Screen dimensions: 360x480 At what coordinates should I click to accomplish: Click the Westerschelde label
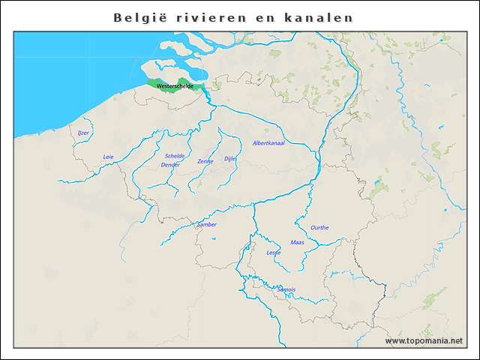click(x=174, y=86)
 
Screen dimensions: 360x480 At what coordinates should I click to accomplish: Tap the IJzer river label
click(x=83, y=133)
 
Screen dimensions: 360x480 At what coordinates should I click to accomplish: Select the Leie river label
click(x=108, y=157)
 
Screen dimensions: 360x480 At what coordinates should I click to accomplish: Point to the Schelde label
click(x=175, y=156)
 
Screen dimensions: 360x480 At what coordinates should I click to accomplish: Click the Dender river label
click(x=170, y=164)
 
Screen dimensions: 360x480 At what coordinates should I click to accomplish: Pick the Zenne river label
click(x=205, y=161)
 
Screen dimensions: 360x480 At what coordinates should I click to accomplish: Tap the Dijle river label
click(x=229, y=159)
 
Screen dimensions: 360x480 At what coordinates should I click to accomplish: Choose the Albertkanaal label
click(x=268, y=142)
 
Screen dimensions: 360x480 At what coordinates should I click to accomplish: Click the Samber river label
click(x=206, y=224)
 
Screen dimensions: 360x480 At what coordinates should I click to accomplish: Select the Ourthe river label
click(x=319, y=227)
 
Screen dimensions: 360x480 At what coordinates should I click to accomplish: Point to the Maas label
click(x=297, y=242)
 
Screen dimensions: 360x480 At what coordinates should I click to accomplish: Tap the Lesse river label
click(x=273, y=253)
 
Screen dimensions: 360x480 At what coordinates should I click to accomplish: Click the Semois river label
click(x=286, y=289)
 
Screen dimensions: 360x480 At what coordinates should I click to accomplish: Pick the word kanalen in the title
click(x=318, y=16)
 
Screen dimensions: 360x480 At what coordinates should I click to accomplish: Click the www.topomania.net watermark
click(x=424, y=341)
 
